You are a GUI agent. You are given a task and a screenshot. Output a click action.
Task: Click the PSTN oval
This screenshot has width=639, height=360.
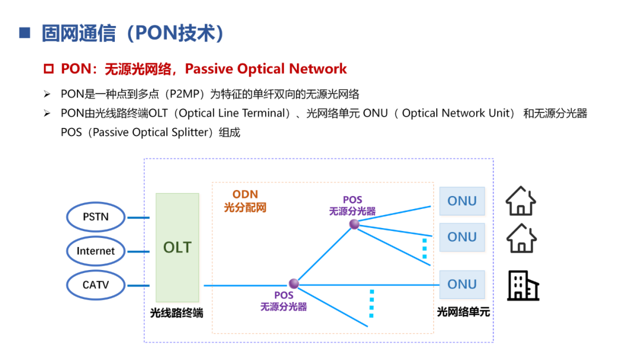(95, 217)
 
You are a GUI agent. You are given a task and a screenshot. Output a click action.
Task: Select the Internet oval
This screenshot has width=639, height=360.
(95, 250)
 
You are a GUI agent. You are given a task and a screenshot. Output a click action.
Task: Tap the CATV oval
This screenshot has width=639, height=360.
(95, 285)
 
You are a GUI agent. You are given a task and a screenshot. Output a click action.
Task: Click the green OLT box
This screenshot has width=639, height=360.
(177, 247)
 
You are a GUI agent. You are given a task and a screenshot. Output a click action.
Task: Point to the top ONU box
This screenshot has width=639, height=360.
(461, 201)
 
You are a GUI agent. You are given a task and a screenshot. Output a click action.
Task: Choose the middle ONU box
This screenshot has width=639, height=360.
(461, 237)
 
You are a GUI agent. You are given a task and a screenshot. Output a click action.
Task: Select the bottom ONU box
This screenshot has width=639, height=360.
(461, 284)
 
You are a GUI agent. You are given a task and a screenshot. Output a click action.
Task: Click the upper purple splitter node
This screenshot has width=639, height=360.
(354, 224)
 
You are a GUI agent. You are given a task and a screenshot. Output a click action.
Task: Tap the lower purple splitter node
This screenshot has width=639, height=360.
(293, 284)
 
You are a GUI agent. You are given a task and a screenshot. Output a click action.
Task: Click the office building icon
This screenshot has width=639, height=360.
(523, 285)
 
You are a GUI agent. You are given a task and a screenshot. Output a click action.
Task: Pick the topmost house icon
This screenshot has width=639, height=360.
(521, 201)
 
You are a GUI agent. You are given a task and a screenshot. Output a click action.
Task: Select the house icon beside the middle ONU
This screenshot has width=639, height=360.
(521, 238)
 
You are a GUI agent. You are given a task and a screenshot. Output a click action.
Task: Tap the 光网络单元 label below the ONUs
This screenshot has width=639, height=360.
(463, 311)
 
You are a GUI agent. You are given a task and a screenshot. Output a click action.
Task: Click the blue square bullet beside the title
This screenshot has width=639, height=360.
(24, 33)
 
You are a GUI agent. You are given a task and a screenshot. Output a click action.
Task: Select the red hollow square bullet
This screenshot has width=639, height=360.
(49, 69)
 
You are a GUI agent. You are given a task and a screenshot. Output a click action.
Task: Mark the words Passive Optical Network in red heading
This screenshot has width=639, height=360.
(266, 69)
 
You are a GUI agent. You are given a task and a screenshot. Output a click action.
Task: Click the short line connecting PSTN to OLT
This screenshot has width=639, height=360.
(139, 217)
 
